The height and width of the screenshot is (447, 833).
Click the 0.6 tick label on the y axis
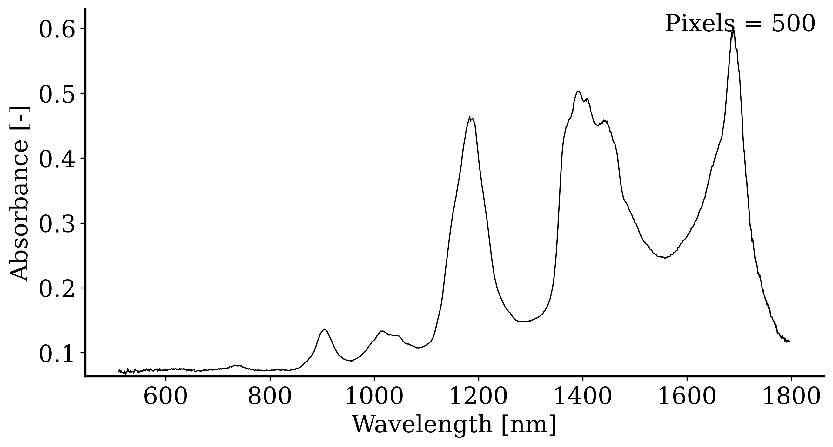tap(57, 30)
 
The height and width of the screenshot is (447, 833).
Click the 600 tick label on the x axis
tap(165, 396)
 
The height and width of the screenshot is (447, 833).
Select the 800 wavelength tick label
tap(270, 396)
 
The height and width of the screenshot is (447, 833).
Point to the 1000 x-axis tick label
tap(374, 396)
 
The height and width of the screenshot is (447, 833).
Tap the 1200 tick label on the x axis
tap(478, 396)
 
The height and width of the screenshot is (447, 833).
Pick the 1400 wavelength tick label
tap(583, 396)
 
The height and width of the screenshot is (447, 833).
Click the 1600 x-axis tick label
tap(687, 396)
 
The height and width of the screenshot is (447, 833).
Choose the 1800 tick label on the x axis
tap(791, 396)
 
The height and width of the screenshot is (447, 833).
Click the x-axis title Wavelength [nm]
tap(454, 425)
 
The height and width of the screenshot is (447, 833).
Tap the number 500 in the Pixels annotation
tap(793, 24)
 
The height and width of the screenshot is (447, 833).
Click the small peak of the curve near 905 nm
tap(324, 329)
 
